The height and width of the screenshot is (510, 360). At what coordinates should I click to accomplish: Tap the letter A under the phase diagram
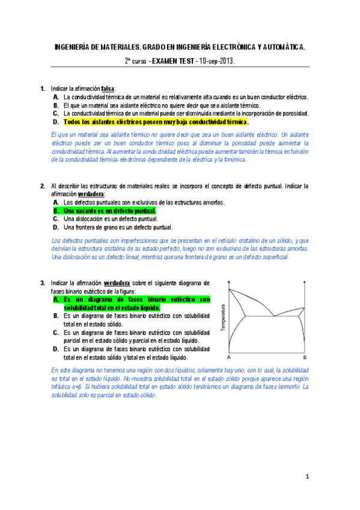pos(229,357)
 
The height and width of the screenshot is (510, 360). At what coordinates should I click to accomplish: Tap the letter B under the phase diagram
pos(305,357)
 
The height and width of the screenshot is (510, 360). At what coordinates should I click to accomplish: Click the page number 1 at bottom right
pos(307,478)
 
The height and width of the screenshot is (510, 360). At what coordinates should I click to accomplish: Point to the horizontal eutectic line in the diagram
pos(270,316)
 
